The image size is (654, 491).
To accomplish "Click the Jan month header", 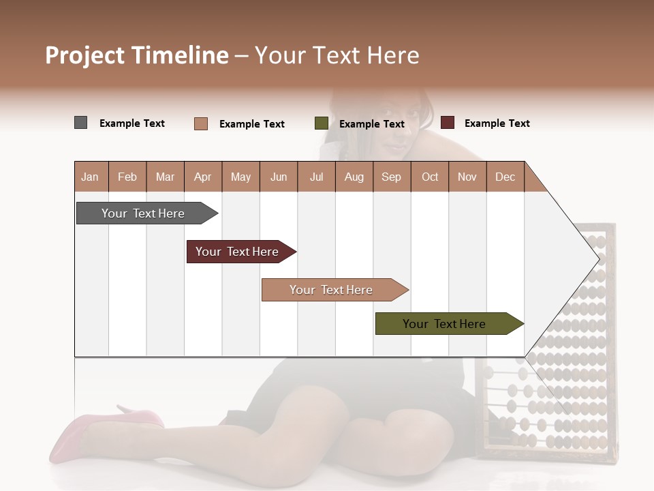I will tap(90, 177).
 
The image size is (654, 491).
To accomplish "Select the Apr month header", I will tap(202, 177).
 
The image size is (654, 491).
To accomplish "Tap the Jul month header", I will tap(316, 177).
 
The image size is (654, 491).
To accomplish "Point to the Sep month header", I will tap(391, 177).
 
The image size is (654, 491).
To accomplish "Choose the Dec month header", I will tap(505, 177).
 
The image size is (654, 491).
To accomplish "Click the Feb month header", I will tap(127, 177).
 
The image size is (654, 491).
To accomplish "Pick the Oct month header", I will tap(430, 177).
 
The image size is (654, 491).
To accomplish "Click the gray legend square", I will tap(81, 123).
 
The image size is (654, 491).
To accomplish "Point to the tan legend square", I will tap(201, 123).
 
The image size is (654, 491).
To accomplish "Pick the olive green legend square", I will tap(322, 123).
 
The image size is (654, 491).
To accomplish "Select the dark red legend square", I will tap(448, 123).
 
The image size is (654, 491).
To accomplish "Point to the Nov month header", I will tap(467, 177).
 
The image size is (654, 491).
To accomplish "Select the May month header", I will tap(240, 177).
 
